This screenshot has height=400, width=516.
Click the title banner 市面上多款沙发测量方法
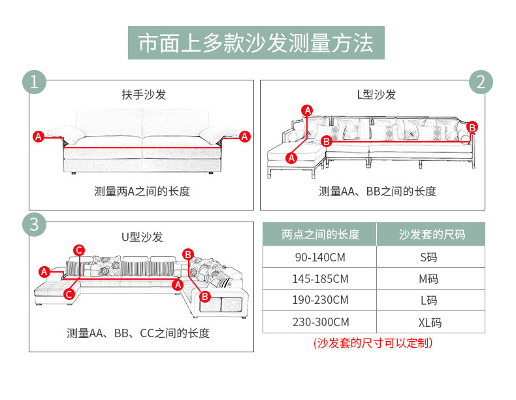[256, 43]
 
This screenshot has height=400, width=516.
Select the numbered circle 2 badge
[481, 82]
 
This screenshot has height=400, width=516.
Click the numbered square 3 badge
[34, 224]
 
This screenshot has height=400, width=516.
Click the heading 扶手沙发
[144, 95]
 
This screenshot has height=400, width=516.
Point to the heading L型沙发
[376, 95]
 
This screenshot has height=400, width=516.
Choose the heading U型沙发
[142, 237]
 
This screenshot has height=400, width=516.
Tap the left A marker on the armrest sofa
[39, 137]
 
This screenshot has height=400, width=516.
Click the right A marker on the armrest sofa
[244, 137]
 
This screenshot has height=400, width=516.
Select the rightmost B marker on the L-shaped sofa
[472, 127]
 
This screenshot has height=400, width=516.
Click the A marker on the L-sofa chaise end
[291, 158]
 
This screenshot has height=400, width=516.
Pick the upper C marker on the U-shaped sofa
[79, 250]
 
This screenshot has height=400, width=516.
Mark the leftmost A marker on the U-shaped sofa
[44, 271]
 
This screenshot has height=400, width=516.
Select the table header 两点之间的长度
[320, 234]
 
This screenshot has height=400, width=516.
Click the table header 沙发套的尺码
[431, 234]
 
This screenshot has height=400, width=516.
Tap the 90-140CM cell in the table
[320, 257]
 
